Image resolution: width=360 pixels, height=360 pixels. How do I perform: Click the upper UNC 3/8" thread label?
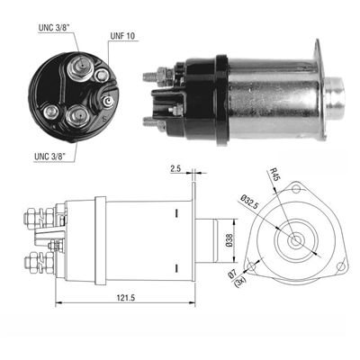[x=54, y=28]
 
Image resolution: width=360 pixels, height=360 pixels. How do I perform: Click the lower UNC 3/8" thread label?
[x=50, y=157]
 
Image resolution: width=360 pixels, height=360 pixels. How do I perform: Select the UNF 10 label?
[x=122, y=36]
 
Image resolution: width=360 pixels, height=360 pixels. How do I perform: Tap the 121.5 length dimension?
[x=126, y=298]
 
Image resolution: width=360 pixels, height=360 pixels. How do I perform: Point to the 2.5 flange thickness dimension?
[x=175, y=169]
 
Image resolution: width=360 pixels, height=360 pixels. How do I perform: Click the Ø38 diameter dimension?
[x=229, y=240]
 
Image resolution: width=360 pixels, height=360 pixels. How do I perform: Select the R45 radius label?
[x=274, y=175]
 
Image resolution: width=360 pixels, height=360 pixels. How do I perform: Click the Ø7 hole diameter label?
[x=232, y=274]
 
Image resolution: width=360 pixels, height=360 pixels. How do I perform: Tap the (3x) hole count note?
[x=241, y=282]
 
